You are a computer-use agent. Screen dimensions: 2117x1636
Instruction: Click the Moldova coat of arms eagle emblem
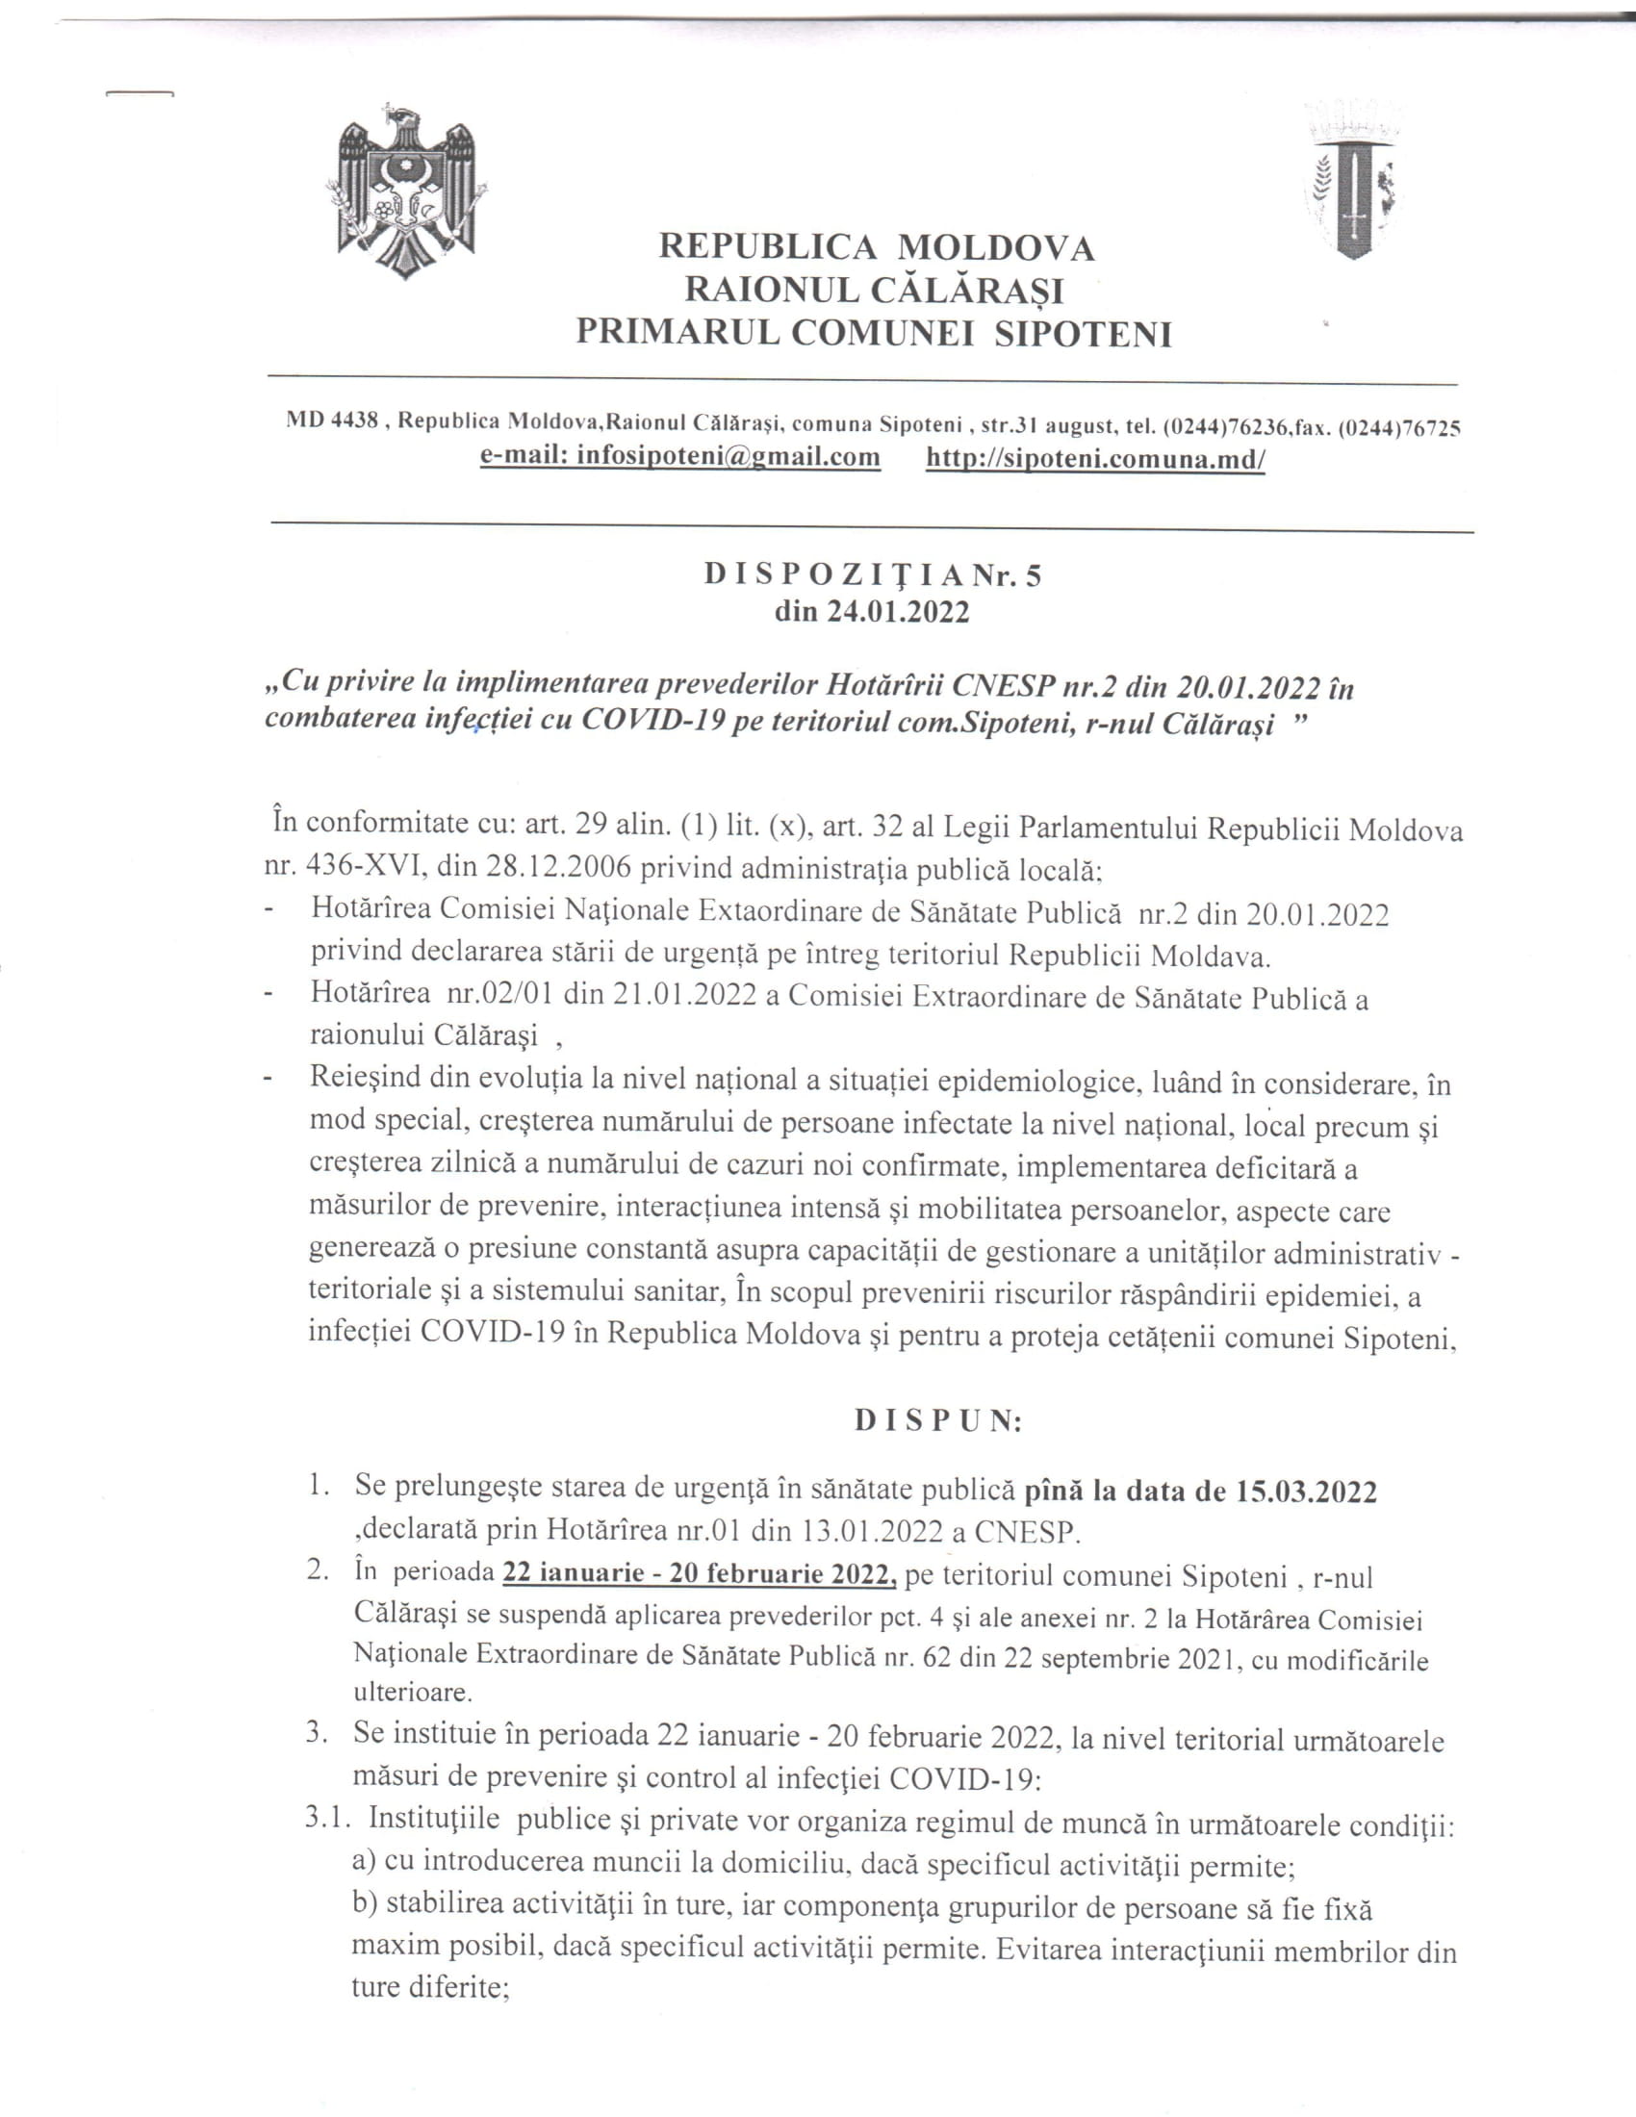pyautogui.click(x=407, y=189)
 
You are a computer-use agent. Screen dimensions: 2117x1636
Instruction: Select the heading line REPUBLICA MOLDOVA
pyautogui.click(x=876, y=247)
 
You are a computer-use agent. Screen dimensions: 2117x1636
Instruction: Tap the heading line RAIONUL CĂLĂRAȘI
pyautogui.click(x=874, y=290)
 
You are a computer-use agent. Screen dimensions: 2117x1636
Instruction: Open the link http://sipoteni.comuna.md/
pyautogui.click(x=1095, y=458)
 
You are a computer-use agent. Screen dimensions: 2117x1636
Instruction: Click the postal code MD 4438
pyautogui.click(x=331, y=421)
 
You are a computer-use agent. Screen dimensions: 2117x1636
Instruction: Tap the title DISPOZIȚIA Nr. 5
pyautogui.click(x=872, y=575)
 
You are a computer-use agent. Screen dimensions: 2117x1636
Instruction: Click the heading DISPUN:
pyautogui.click(x=937, y=1421)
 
